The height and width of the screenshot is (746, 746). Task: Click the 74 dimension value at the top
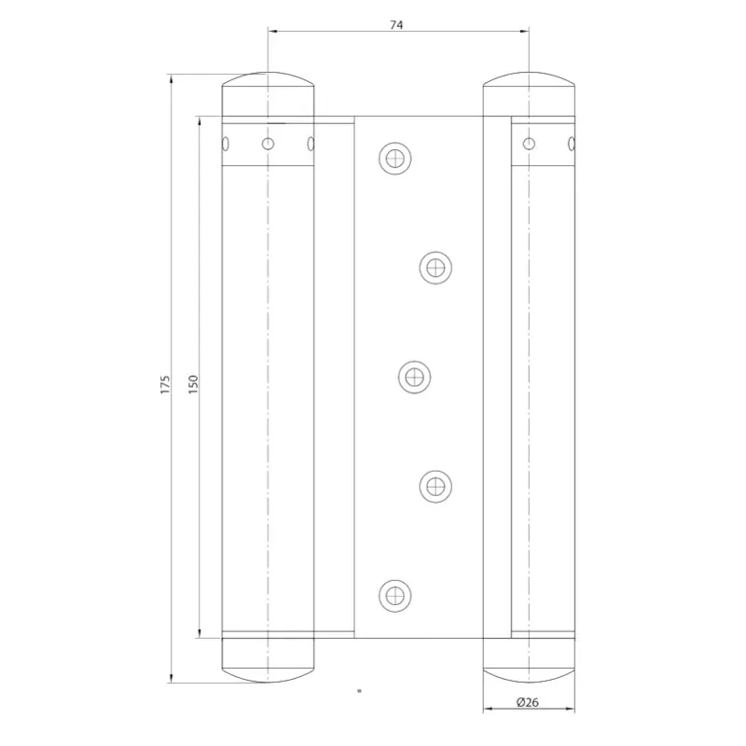point(396,24)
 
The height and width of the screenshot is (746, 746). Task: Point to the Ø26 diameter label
point(527,702)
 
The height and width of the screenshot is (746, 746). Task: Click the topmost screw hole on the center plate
point(395,158)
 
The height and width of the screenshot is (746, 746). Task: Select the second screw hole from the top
point(435,268)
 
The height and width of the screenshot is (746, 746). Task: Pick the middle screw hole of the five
point(414,377)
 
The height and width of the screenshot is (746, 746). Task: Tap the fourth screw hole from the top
point(435,485)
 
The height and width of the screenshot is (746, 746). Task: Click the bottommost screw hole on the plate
point(395,593)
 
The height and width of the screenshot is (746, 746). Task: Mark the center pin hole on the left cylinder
point(269,144)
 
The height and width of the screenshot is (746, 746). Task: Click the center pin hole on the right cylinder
point(529,144)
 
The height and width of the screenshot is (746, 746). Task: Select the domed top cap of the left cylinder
point(269,91)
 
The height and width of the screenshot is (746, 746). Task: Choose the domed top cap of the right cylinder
point(529,91)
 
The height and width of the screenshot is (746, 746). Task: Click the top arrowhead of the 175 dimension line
point(173,79)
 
